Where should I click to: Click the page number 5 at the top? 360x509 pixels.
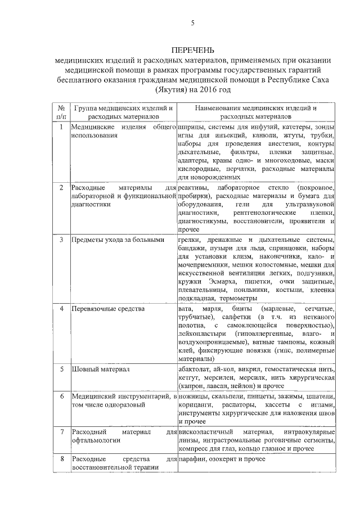pyautogui.click(x=192, y=23)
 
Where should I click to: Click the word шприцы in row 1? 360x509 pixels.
pyautogui.click(x=189, y=127)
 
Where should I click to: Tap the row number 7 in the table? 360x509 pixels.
pyautogui.click(x=60, y=431)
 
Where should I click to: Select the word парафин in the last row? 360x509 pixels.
pyautogui.click(x=192, y=460)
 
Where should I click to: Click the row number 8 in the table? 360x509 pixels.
pyautogui.click(x=60, y=460)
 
